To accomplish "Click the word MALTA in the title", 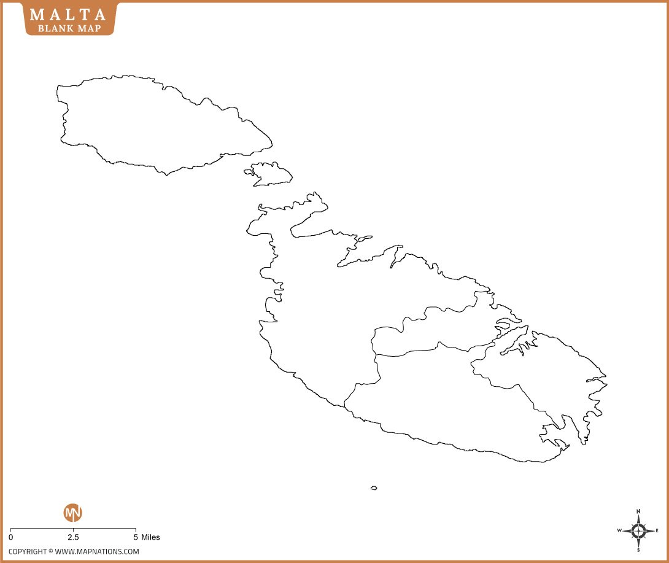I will [69, 14].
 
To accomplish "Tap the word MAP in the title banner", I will [88, 28].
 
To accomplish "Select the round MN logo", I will [73, 513].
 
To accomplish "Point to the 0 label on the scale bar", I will [11, 537].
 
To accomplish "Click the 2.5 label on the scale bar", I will [73, 537].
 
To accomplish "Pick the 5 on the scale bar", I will [135, 537].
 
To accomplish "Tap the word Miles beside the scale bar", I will [150, 537].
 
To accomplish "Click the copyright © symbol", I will [51, 551].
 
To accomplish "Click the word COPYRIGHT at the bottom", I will [28, 551].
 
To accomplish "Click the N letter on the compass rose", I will [638, 511].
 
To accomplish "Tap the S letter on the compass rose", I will [638, 549].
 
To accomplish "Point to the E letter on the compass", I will [657, 530].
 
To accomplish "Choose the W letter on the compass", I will [619, 530].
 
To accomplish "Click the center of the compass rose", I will [638, 530].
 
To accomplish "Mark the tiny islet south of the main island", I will [374, 488].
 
